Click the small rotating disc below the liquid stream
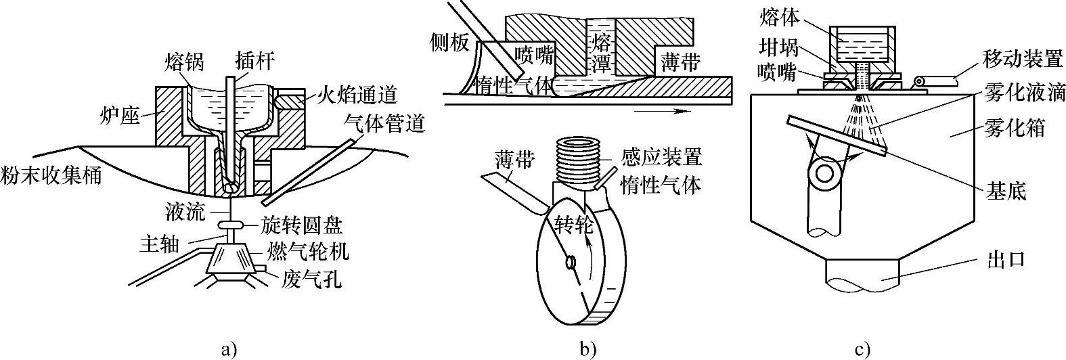click(230, 224)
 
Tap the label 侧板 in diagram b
click(449, 43)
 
